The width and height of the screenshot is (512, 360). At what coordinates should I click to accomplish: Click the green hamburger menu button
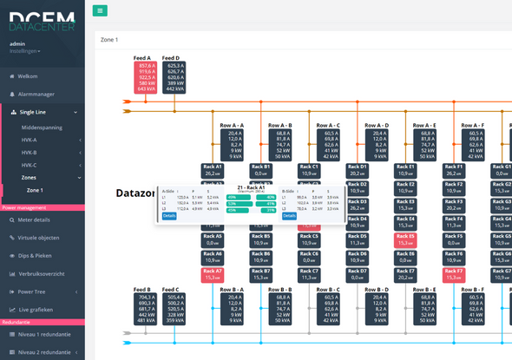[101, 10]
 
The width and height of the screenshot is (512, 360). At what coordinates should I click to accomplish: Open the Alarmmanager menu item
[36, 94]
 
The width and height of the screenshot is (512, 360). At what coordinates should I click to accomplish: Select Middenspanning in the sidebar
[41, 126]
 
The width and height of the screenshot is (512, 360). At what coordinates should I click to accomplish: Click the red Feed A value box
[144, 76]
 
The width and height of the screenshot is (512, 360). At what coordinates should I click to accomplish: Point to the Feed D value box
[174, 76]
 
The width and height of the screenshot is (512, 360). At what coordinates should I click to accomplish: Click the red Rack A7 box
[213, 274]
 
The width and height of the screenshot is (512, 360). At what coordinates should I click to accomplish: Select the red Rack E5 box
[405, 239]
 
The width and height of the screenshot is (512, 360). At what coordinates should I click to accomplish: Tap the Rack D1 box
[358, 169]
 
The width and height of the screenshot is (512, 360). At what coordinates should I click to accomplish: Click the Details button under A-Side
[168, 216]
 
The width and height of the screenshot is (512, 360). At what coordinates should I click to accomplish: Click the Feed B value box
[144, 308]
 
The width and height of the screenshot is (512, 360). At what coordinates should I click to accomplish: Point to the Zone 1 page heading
[109, 40]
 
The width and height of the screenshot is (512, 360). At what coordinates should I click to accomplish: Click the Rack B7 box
[261, 274]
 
